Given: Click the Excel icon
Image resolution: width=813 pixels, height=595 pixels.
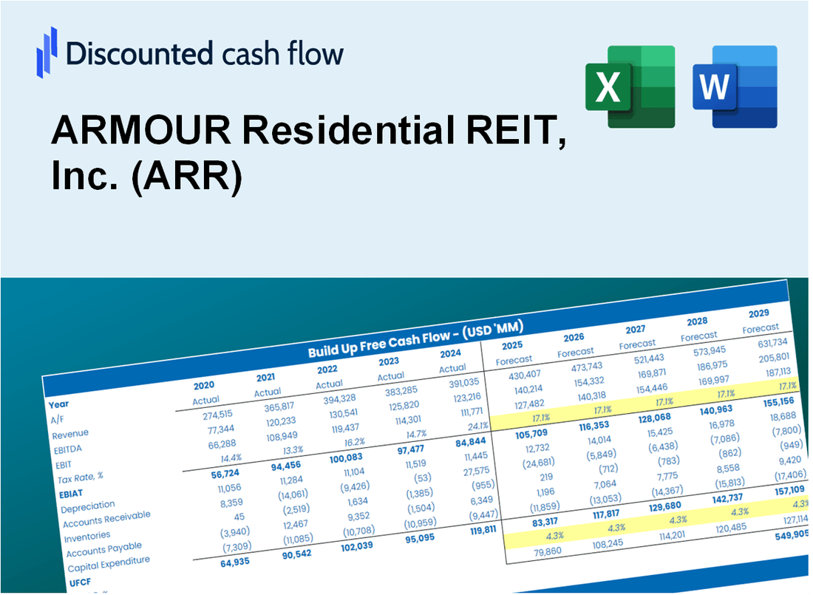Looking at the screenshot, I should click(630, 86).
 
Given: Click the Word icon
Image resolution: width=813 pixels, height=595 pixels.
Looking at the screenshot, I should click(734, 86).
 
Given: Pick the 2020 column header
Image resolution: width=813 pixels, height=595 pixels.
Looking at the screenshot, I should click(205, 385).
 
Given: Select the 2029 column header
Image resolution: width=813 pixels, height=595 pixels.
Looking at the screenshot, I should click(758, 313).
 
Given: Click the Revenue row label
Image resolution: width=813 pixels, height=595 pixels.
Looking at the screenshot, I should click(70, 433).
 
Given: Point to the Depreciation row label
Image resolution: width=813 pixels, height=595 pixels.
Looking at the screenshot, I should click(88, 506).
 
